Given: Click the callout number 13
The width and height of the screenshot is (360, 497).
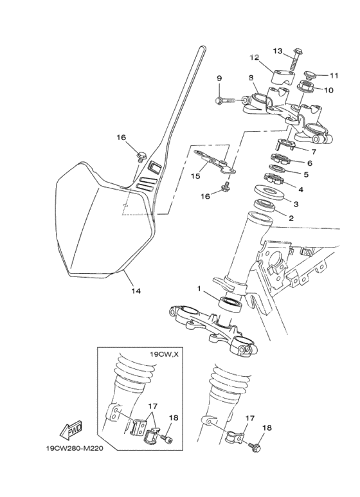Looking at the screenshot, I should (278, 51).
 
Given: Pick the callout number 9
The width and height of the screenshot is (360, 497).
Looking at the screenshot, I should (219, 78).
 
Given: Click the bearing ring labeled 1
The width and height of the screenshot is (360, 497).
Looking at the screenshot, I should (231, 303).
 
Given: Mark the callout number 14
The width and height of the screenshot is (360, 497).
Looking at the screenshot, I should (136, 291).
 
